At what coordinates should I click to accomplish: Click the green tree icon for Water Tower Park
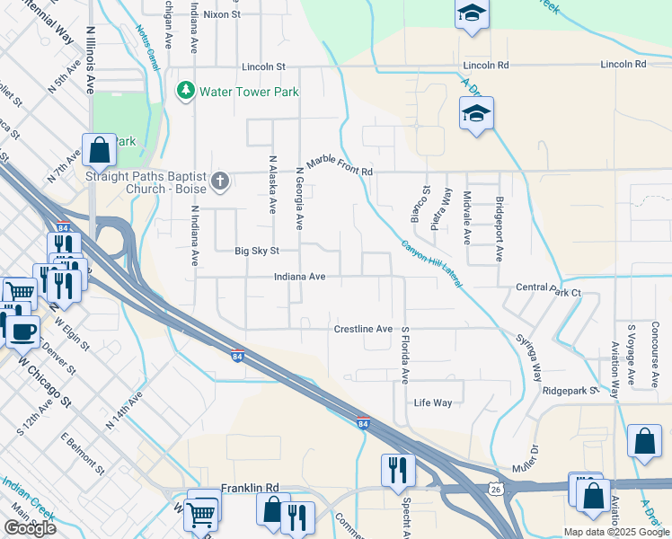(x=186, y=91)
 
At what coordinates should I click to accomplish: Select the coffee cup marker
(x=22, y=331)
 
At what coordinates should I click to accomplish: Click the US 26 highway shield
(x=496, y=488)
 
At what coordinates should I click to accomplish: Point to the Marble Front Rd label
(x=339, y=165)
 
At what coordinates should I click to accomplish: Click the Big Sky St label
(x=257, y=252)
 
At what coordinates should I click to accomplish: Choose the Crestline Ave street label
(x=363, y=330)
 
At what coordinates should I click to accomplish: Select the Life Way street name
(x=432, y=403)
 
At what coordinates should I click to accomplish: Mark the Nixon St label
(x=222, y=14)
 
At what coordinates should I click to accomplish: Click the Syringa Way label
(x=528, y=355)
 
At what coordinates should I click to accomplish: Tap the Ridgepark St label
(x=570, y=392)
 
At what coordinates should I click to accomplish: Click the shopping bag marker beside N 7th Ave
(x=99, y=150)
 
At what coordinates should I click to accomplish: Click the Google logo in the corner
(x=30, y=527)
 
